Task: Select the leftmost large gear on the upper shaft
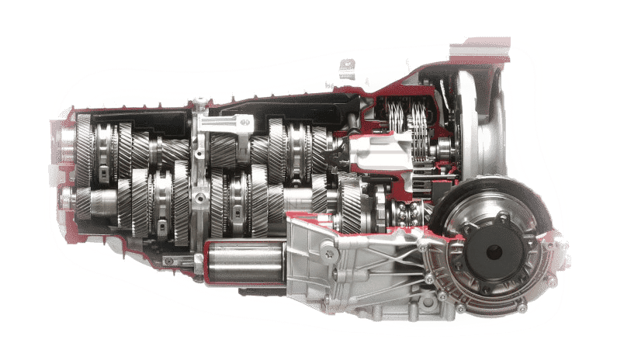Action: click(x=85, y=144)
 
